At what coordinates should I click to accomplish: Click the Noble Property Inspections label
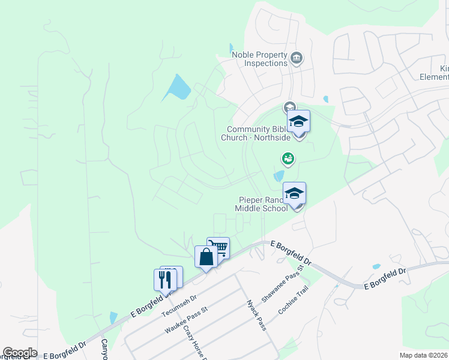260,59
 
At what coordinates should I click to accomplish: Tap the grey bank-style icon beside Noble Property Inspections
296,58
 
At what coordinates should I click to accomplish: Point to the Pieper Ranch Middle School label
262,203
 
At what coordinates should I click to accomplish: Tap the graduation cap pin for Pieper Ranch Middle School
294,194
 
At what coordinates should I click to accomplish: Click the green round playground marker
288,158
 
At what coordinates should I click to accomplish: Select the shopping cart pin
219,247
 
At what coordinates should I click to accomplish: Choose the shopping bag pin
206,257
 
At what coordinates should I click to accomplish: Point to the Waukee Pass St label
187,320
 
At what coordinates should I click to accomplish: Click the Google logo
20,353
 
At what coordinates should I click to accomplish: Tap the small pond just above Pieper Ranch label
279,176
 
